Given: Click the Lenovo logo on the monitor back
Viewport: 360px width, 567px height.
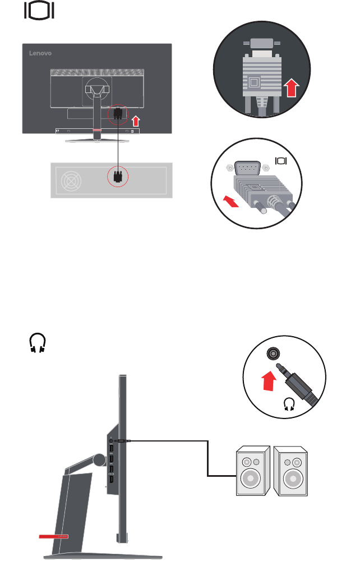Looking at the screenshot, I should [x=40, y=53].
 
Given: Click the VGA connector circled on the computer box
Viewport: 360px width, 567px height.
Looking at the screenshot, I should [x=117, y=176].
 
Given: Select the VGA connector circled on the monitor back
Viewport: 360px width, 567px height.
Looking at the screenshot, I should [x=118, y=114].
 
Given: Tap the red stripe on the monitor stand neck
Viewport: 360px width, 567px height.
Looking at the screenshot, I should [x=97, y=130].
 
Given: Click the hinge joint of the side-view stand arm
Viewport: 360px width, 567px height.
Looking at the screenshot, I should [x=99, y=459].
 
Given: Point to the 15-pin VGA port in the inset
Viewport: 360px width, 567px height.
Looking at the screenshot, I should [x=248, y=168].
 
